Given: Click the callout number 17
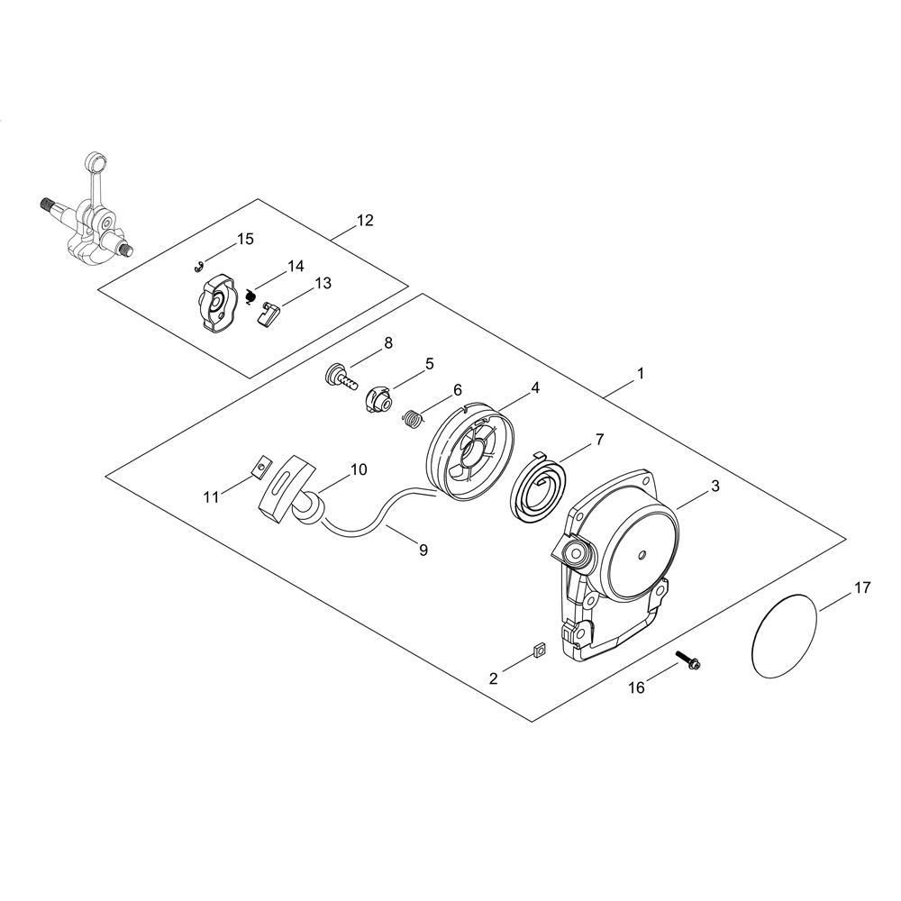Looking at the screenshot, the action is [x=862, y=587].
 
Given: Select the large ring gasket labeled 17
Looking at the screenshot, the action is [x=754, y=638].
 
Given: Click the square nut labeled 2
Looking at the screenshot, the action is [x=539, y=651].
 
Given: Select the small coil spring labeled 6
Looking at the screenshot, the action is [x=412, y=418].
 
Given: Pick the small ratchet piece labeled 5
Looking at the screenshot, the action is [x=378, y=398].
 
